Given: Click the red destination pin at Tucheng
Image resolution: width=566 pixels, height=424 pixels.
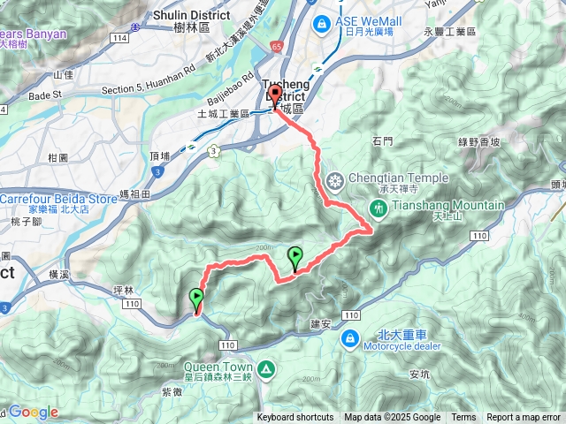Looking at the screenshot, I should tap(274, 96).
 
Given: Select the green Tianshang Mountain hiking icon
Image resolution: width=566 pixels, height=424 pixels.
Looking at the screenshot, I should tap(379, 208).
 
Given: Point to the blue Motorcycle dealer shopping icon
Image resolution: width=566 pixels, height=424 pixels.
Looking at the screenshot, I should tap(351, 337).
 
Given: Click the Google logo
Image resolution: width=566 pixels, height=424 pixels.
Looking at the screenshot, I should tap(33, 412).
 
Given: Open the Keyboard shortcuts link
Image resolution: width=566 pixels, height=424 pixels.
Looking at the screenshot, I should tap(295, 418).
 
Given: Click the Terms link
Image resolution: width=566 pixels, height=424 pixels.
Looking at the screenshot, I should tap(463, 418).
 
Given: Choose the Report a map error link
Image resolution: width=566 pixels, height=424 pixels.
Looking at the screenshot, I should tap(524, 418).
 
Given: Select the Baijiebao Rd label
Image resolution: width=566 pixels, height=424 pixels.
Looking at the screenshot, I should tap(234, 94).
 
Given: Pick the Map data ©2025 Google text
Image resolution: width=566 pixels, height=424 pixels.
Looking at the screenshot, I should tap(392, 418).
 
